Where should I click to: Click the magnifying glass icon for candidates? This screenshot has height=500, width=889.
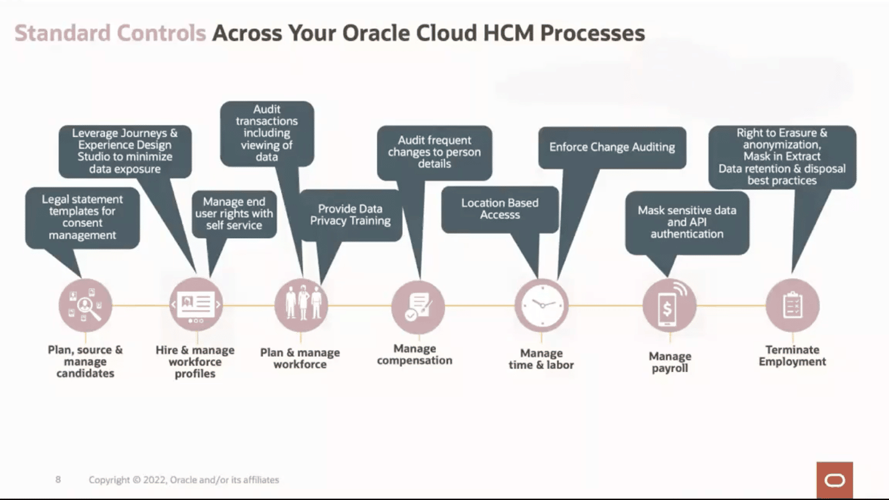[x=85, y=305]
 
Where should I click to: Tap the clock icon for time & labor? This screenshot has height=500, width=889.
[x=541, y=305]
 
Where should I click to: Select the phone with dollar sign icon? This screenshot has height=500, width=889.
[x=669, y=305]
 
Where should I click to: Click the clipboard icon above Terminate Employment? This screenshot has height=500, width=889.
[x=792, y=305]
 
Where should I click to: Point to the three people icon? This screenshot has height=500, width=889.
[x=301, y=305]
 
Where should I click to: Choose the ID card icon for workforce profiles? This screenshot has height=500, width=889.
[x=196, y=305]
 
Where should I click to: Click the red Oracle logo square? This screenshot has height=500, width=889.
[x=834, y=479]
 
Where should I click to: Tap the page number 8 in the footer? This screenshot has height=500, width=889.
[x=58, y=479]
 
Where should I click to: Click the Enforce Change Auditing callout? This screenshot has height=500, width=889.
[x=612, y=148]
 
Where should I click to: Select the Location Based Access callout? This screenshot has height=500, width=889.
[x=500, y=209]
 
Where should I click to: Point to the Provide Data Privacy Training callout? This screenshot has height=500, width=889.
[x=351, y=215]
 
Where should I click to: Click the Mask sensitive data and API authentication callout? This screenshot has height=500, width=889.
[x=687, y=222]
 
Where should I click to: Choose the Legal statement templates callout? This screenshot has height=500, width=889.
[x=82, y=217]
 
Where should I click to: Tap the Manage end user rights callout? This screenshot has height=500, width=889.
[x=234, y=213]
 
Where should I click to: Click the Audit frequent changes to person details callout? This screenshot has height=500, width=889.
[x=434, y=152]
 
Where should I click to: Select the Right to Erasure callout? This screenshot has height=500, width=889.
[x=782, y=157]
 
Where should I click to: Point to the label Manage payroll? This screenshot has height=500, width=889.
[x=670, y=362]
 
